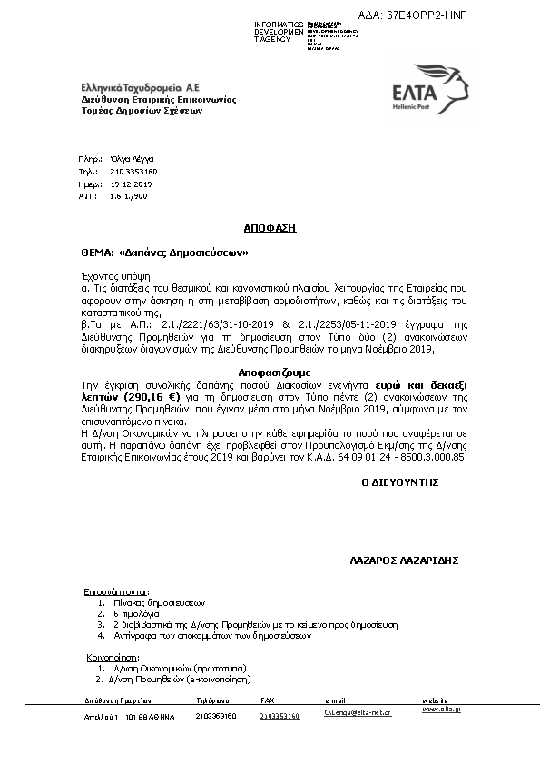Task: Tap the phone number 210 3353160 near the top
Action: (133, 171)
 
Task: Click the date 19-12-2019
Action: (131, 183)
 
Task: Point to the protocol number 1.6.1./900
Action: (128, 195)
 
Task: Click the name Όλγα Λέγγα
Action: (128, 158)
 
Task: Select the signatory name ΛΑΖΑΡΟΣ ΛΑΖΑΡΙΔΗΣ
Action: (402, 561)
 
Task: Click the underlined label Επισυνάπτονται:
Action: (116, 590)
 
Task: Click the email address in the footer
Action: (358, 715)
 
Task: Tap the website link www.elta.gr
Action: (442, 709)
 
